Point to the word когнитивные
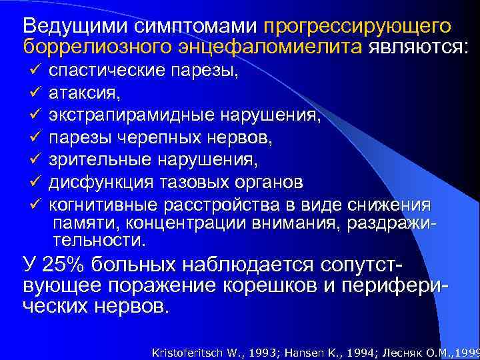click(x=103, y=205)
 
